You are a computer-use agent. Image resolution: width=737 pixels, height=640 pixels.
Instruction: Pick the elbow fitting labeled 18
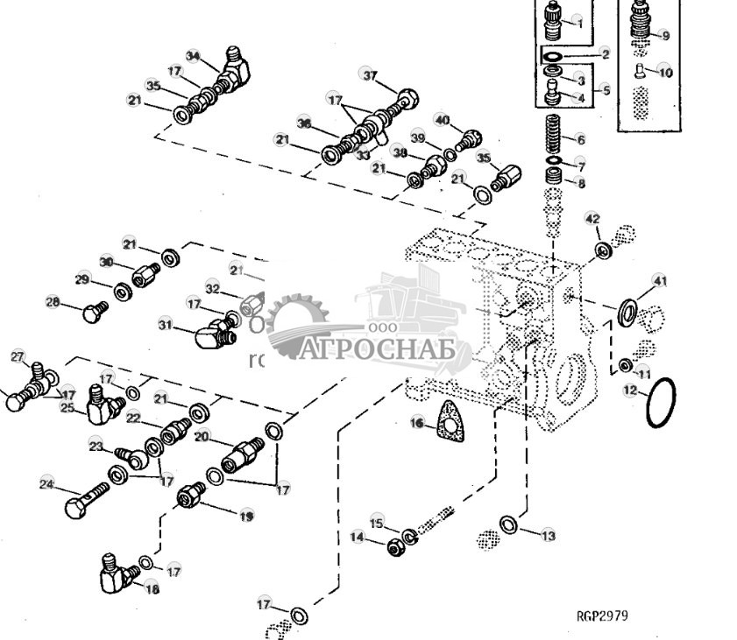[113, 573]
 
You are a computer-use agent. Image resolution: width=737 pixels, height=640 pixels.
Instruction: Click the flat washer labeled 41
[627, 310]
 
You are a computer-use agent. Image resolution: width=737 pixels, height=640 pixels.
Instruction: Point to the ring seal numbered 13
[508, 524]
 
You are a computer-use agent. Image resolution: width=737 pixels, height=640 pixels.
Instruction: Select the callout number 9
[665, 36]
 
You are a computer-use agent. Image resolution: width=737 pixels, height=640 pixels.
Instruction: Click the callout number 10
[666, 73]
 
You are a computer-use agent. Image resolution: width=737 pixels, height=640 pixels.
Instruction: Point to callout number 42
[592, 219]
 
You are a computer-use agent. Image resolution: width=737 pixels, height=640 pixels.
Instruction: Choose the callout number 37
[369, 75]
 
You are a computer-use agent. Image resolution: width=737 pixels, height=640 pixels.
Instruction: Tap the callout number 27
[17, 356]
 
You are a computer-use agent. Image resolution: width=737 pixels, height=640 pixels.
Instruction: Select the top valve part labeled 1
[554, 24]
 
